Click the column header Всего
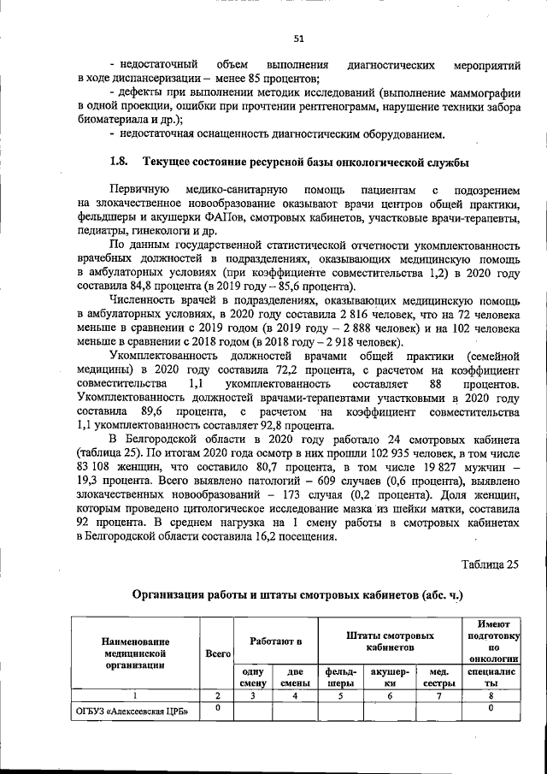coord(218,653)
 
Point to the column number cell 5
coord(341,695)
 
